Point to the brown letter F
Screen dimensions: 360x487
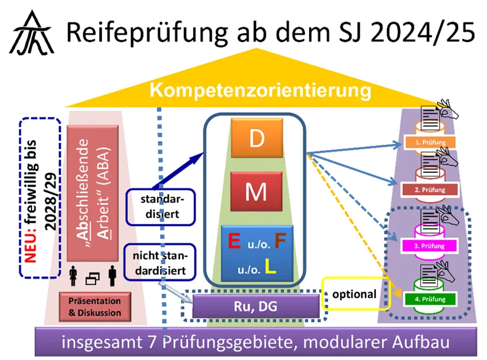coord(280,242)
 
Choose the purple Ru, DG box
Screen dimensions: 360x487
coord(254,306)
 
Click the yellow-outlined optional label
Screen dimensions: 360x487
coord(354,295)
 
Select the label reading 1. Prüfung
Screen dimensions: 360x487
coord(430,143)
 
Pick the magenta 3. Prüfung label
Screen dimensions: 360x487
coord(430,246)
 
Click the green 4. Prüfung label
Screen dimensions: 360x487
coord(430,299)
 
